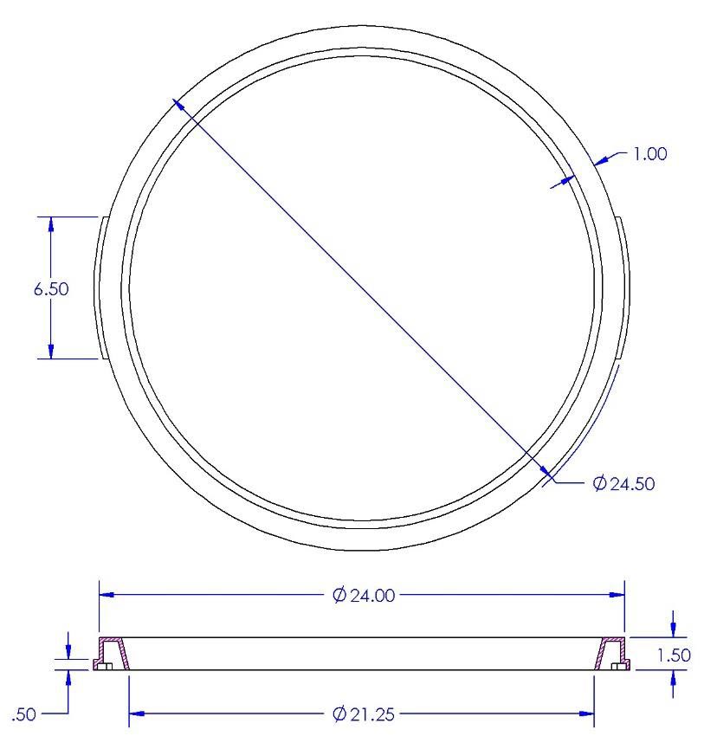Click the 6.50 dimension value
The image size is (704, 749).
51,289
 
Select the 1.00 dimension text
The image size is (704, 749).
649,154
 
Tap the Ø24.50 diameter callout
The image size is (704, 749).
623,483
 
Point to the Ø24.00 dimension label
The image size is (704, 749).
364,595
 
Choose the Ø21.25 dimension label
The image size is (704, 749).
364,714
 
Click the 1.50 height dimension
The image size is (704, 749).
674,655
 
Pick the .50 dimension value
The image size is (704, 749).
23,714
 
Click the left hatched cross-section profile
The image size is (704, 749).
111,654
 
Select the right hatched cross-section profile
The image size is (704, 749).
612,654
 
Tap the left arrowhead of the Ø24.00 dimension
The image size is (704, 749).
106,595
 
